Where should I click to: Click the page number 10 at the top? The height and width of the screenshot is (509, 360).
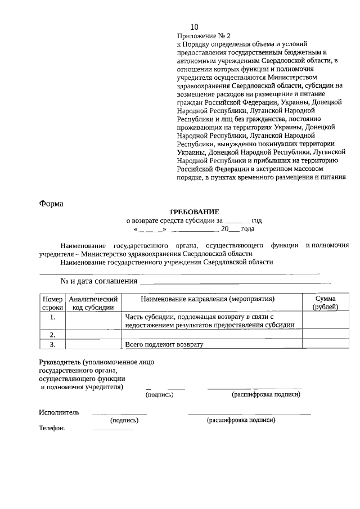point(195,27)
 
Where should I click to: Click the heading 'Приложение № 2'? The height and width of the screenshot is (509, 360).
point(196,35)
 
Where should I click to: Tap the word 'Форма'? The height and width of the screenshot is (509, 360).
point(51,203)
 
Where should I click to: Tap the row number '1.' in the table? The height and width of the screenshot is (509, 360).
point(52,317)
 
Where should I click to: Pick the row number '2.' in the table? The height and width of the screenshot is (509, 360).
point(52,335)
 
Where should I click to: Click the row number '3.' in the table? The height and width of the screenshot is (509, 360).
point(52,344)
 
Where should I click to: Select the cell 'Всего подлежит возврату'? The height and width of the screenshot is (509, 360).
point(164,344)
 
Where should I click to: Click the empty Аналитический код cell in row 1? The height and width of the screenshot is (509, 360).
point(93,321)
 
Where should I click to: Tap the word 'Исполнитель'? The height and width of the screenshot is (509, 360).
point(59,412)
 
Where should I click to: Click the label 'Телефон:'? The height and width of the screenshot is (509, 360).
point(52,428)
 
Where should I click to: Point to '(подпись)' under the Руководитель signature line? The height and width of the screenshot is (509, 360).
point(160,395)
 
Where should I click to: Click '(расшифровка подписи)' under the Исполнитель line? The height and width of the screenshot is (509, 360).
point(241,420)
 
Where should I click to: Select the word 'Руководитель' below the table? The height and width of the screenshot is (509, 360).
point(59,362)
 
